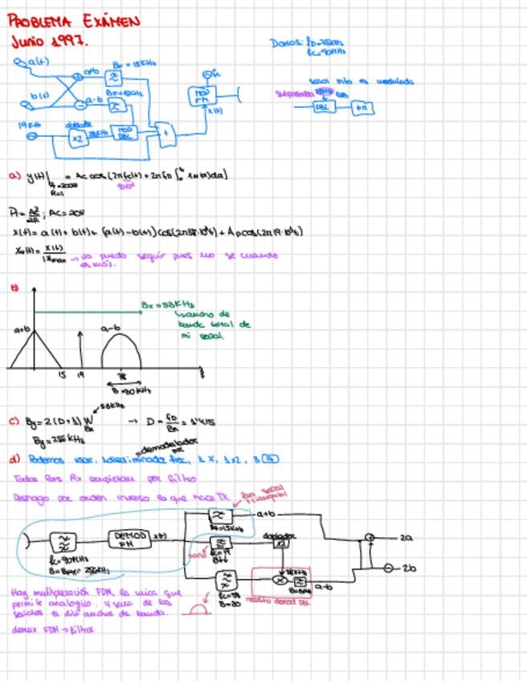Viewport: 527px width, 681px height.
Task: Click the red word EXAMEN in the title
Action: tap(109, 21)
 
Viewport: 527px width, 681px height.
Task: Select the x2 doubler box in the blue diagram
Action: tap(77, 137)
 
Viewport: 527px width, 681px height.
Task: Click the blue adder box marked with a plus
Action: tap(166, 134)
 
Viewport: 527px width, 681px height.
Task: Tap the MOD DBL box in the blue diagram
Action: tap(124, 132)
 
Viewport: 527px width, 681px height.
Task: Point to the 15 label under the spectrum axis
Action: tap(61, 374)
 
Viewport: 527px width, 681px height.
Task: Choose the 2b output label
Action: tap(408, 569)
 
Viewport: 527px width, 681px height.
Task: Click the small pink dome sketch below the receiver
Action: tap(197, 611)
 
